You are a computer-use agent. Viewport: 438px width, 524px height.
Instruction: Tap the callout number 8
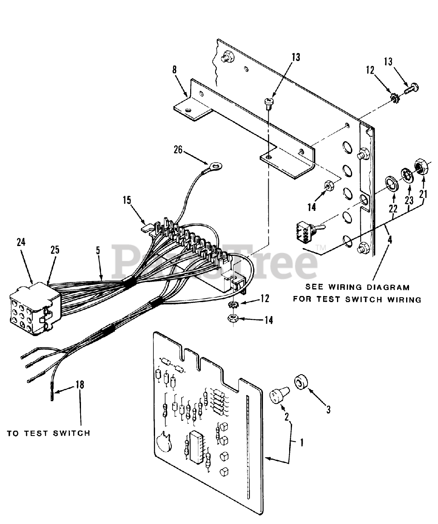[x=175, y=70]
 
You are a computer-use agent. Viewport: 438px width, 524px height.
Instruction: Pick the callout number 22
[x=393, y=209]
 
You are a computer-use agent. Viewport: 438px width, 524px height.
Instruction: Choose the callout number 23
[x=410, y=201]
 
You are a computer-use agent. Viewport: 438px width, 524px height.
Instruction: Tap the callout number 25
[x=55, y=250]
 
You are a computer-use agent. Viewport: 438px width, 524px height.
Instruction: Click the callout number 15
[x=127, y=200]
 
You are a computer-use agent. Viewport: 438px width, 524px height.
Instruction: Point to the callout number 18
[x=80, y=385]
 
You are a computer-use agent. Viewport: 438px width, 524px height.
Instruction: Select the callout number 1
[x=301, y=442]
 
